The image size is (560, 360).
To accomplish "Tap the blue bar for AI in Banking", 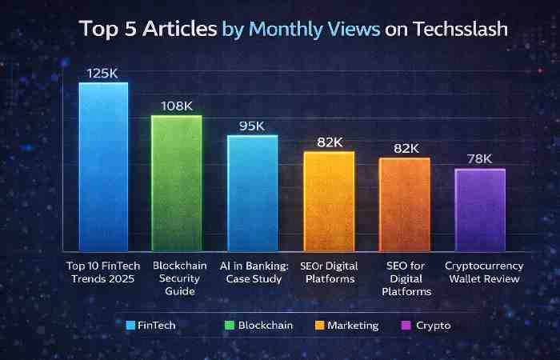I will click(x=252, y=192).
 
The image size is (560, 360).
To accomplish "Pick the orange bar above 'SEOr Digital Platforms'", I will click(x=328, y=201).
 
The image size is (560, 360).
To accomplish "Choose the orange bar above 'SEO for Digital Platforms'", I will click(x=404, y=204).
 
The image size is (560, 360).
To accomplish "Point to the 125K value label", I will click(x=103, y=73).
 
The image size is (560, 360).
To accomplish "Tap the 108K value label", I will click(x=177, y=105).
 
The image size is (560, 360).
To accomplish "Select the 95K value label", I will click(x=252, y=125).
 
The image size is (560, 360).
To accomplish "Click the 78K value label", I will click(x=480, y=158).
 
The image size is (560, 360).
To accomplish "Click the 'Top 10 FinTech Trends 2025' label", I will click(x=102, y=272).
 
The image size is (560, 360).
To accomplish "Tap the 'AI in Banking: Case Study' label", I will click(x=253, y=272).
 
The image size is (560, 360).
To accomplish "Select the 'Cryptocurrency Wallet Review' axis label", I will click(x=484, y=272).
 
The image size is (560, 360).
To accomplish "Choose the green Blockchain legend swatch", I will click(x=229, y=326).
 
